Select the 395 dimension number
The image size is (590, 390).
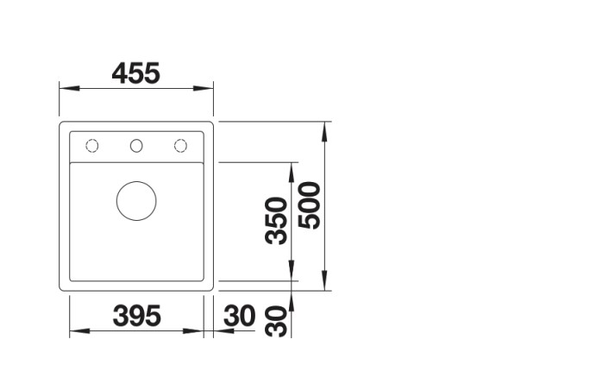tap(136, 317)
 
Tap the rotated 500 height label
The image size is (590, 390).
tap(309, 205)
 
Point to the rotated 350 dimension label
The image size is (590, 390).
tap(276, 220)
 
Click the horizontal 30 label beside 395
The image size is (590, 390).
tap(239, 317)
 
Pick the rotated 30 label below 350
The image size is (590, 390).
tap(276, 323)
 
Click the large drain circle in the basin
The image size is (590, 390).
tap(136, 200)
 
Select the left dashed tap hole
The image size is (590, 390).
tap(91, 145)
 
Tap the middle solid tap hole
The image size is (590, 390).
tap(136, 145)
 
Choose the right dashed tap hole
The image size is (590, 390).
tap(180, 145)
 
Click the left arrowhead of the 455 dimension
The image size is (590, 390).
tap(64, 88)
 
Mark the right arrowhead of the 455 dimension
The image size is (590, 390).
tap(208, 88)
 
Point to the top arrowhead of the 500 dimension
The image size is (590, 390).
tap(324, 128)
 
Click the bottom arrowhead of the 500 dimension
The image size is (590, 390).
tap(324, 286)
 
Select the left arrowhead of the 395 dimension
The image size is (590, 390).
tap(74, 331)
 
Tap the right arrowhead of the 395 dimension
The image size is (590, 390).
tap(198, 331)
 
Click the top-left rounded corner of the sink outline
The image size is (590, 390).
tap(63, 126)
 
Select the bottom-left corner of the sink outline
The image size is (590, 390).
tap(63, 288)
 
